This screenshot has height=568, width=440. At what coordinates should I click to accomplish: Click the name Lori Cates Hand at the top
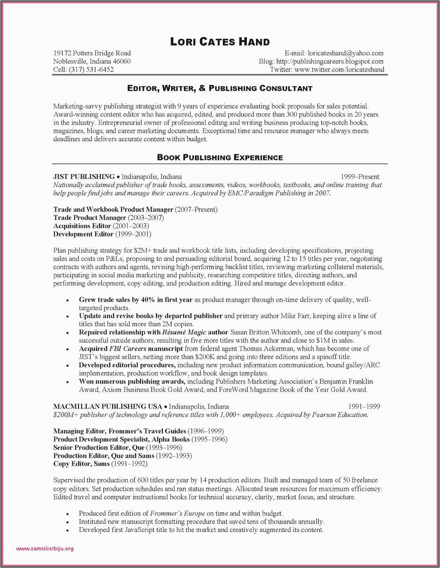point(220,42)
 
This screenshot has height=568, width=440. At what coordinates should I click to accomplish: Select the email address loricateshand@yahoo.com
point(346,53)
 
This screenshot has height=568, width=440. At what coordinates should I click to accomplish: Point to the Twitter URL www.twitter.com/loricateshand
point(339,69)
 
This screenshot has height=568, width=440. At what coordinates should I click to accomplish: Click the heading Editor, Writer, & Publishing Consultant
point(220,88)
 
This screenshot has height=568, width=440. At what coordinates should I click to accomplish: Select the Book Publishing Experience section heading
point(220,158)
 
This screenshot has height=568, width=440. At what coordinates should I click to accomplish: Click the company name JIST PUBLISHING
point(84,177)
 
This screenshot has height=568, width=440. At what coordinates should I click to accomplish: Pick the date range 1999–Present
point(360,177)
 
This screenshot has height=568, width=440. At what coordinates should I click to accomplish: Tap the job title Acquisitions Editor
point(82,226)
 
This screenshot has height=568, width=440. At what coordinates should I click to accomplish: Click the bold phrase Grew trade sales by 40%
point(117,300)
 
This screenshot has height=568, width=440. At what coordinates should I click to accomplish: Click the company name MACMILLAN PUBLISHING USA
point(108,407)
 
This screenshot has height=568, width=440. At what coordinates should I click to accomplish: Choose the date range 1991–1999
point(364,407)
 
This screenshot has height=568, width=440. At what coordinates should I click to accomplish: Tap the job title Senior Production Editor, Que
point(99,447)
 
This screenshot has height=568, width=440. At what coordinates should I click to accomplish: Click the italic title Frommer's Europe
point(177,513)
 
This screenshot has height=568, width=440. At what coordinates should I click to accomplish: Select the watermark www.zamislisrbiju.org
point(45,549)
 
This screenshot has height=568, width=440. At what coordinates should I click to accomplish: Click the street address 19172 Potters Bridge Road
point(92,53)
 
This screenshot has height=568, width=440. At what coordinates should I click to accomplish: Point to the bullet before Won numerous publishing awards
point(67,382)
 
